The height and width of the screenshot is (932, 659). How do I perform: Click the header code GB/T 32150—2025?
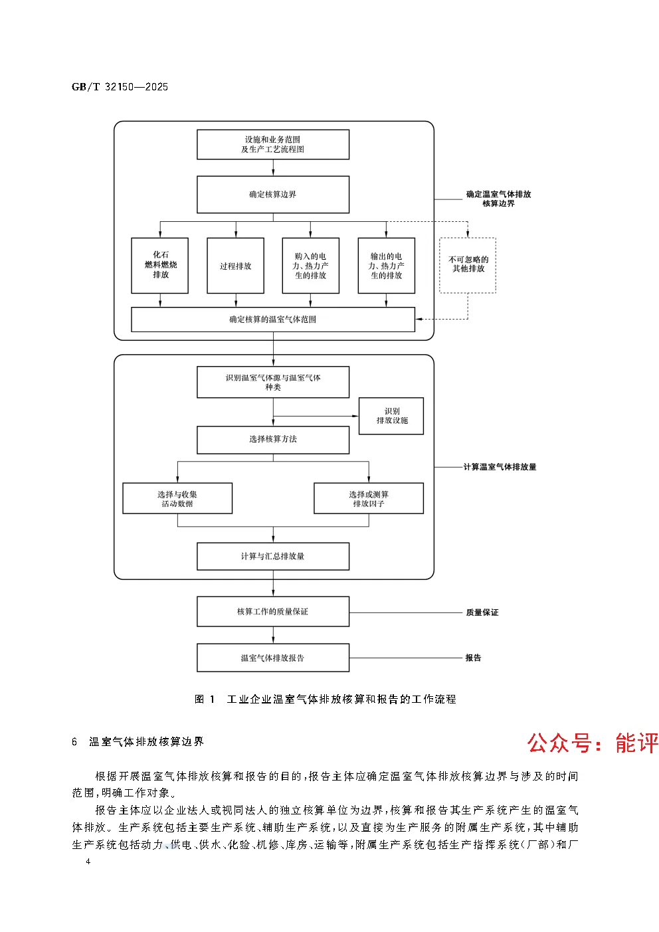tap(120, 87)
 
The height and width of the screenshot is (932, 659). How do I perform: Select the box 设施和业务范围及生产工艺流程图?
tap(272, 145)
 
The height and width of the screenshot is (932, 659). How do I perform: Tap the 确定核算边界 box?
tap(272, 195)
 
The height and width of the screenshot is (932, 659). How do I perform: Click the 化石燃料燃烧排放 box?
tap(160, 265)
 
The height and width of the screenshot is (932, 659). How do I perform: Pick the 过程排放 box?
tap(235, 266)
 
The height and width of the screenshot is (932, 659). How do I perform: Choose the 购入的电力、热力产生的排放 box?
tap(310, 266)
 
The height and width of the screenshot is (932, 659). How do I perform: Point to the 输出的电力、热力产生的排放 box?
tap(386, 266)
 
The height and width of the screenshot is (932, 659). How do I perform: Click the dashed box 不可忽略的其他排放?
tap(468, 265)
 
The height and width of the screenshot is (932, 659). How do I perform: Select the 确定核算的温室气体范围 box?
tap(272, 320)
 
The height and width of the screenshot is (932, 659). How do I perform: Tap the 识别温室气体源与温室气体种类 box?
tap(272, 383)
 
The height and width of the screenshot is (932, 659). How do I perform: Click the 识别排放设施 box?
tap(391, 416)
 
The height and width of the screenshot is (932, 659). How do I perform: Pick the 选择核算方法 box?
tap(272, 440)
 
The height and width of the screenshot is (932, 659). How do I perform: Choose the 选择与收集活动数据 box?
tap(177, 498)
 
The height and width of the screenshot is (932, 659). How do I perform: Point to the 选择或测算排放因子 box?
tap(368, 498)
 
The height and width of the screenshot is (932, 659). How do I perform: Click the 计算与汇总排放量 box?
tap(272, 557)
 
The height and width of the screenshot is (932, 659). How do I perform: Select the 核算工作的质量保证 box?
tap(272, 612)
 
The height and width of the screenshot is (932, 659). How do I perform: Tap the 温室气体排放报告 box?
tap(272, 658)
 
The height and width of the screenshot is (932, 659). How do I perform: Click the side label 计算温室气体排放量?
tap(500, 467)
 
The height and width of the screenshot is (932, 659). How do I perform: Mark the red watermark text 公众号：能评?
tap(593, 743)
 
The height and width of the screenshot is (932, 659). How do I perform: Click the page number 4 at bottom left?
tap(87, 862)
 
